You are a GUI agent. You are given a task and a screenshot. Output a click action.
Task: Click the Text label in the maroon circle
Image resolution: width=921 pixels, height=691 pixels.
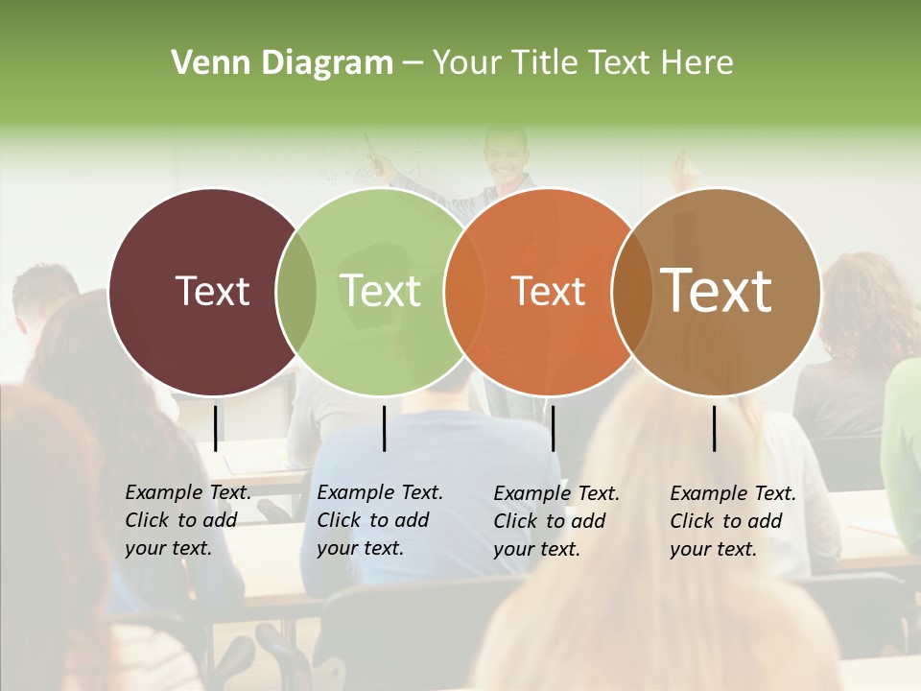(212, 291)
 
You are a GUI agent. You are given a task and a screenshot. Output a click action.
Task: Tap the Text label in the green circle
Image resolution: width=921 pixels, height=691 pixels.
(381, 291)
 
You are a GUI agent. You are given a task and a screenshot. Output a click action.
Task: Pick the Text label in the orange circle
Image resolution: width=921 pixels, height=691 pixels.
(549, 291)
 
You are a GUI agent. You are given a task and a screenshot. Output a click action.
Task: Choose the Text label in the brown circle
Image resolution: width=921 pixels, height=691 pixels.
(717, 291)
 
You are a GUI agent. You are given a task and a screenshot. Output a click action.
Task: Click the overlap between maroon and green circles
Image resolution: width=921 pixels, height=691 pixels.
(296, 292)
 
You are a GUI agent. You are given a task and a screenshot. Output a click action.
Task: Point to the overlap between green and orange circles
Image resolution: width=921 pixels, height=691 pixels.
(464, 292)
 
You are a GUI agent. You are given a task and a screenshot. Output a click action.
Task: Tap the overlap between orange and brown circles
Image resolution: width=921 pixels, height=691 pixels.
(632, 292)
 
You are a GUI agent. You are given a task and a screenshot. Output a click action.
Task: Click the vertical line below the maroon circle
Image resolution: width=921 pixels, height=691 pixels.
(215, 428)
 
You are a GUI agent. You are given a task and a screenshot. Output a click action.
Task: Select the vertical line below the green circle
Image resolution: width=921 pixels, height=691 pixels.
(384, 428)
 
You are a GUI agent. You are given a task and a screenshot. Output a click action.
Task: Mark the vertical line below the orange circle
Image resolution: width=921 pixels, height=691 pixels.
(553, 428)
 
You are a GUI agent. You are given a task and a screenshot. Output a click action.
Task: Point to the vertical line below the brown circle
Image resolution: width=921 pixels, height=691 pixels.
(714, 428)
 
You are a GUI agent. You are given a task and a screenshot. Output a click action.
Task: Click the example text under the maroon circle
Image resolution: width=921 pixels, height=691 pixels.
(187, 520)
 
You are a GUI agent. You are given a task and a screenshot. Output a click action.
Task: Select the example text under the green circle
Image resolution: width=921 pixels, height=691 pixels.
(379, 520)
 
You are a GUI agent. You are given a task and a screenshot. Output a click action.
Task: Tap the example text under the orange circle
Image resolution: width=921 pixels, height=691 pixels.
(555, 521)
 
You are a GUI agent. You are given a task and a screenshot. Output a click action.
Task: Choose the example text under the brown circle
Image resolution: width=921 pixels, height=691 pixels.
(732, 521)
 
